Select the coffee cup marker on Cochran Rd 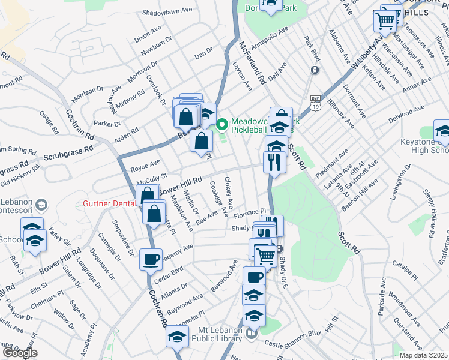pos(151,259)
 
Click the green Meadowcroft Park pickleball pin pos(222,125)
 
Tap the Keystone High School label pos(424,147)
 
